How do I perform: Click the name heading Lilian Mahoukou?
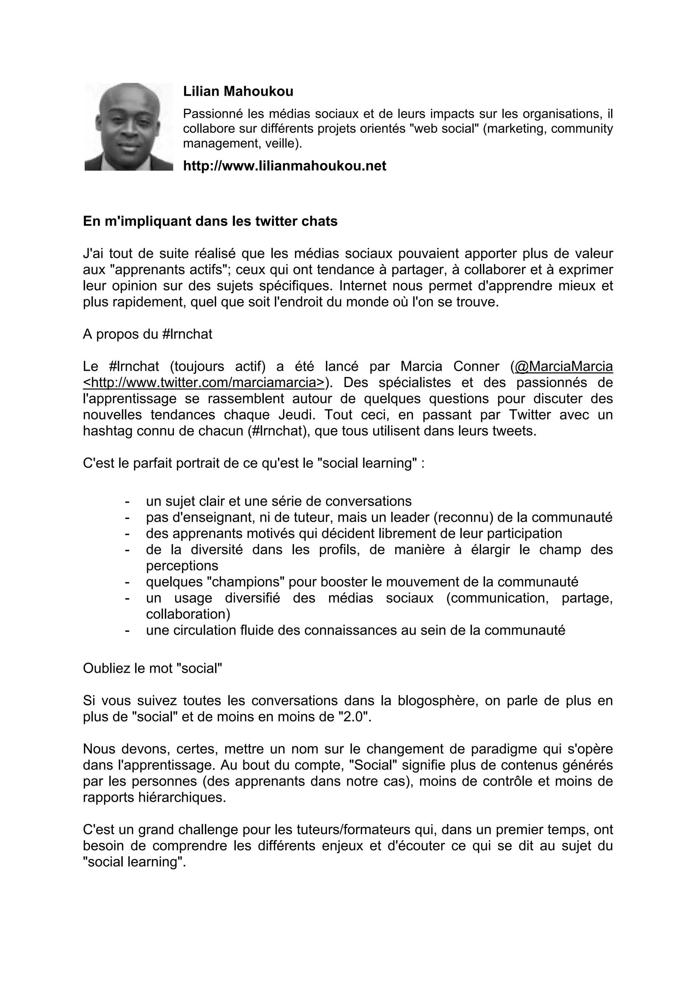click(238, 92)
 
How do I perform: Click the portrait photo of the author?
click(129, 127)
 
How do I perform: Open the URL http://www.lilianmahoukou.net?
click(284, 166)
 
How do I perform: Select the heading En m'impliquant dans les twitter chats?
click(210, 221)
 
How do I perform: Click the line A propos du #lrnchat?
click(147, 334)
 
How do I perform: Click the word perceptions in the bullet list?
click(182, 566)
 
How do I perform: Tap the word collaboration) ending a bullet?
click(188, 614)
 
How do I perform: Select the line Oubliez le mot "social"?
click(152, 668)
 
